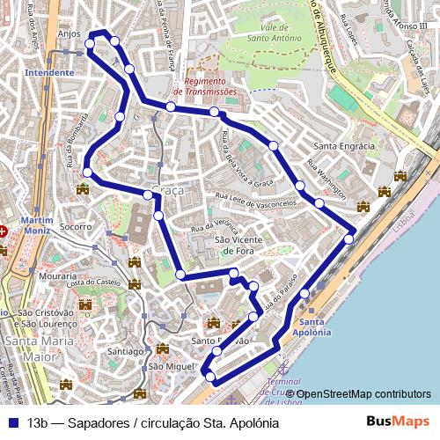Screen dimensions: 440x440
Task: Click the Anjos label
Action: click(x=68, y=34)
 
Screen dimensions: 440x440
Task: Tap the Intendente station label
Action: click(x=49, y=74)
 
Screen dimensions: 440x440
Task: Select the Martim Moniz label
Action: click(x=36, y=225)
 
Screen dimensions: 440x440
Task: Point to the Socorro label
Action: click(x=77, y=227)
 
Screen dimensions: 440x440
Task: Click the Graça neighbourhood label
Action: click(x=167, y=191)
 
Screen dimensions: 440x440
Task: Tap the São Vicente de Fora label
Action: click(x=234, y=245)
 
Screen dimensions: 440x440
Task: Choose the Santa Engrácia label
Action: click(x=345, y=146)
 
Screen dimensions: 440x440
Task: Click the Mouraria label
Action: click(x=58, y=276)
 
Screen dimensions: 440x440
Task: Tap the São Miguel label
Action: click(x=170, y=366)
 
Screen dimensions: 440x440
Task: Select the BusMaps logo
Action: click(x=399, y=422)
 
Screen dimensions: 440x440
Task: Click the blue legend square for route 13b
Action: click(x=11, y=422)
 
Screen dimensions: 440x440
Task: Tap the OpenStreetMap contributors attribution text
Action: click(x=363, y=394)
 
